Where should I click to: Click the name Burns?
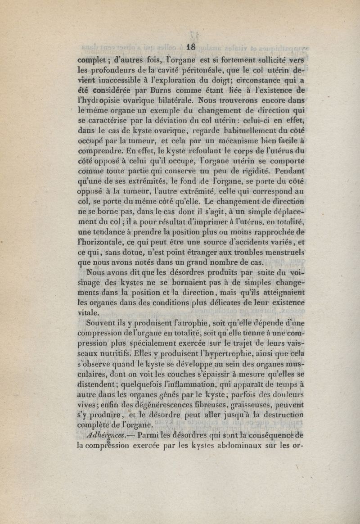click(142, 89)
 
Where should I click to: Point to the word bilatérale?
click(169, 99)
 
